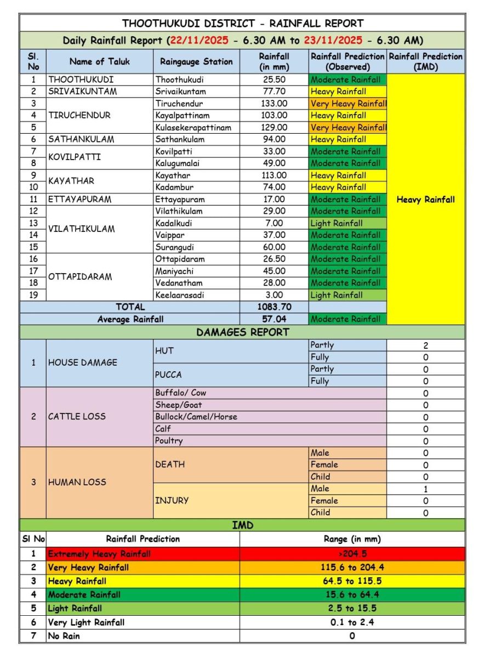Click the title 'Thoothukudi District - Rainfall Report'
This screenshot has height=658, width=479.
242,23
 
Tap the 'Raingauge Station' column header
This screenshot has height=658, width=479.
196,61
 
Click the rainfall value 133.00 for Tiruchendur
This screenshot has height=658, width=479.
274,104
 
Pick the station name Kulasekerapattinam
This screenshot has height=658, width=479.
193,127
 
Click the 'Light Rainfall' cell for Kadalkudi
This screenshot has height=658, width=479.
337,223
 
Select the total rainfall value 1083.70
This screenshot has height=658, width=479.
274,307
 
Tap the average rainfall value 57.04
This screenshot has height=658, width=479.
274,319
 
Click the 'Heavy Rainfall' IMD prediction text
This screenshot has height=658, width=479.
425,200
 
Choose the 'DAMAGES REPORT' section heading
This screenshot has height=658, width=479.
242,332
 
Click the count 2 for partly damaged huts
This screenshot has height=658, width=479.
425,345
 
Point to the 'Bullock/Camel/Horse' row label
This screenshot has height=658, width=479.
196,417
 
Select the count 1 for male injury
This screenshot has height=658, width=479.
425,489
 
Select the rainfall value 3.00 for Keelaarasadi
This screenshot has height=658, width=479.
274,295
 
